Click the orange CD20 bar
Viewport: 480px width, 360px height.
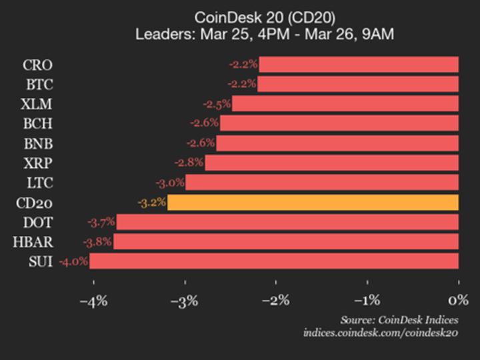313,203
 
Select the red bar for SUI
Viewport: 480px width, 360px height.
274,261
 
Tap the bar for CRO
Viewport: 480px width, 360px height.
359,65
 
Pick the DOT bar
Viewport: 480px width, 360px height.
287,222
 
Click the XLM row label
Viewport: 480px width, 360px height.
37,104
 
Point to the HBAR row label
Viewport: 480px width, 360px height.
33,242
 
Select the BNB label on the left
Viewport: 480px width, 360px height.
37,143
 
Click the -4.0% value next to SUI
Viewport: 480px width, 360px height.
73,261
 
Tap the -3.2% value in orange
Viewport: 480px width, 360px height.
152,203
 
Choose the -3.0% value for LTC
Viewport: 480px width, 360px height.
170,183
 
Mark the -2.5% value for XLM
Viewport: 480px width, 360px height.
217,104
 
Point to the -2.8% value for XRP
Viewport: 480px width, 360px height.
189,163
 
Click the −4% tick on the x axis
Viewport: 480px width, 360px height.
93,301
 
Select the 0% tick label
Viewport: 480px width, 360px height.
459,301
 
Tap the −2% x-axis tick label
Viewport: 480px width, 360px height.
276,301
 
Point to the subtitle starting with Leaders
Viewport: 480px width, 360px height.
264,33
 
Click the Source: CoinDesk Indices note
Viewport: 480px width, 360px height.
399,319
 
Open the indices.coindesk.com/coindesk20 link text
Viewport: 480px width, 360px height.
380,332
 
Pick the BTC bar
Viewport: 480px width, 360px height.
358,84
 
